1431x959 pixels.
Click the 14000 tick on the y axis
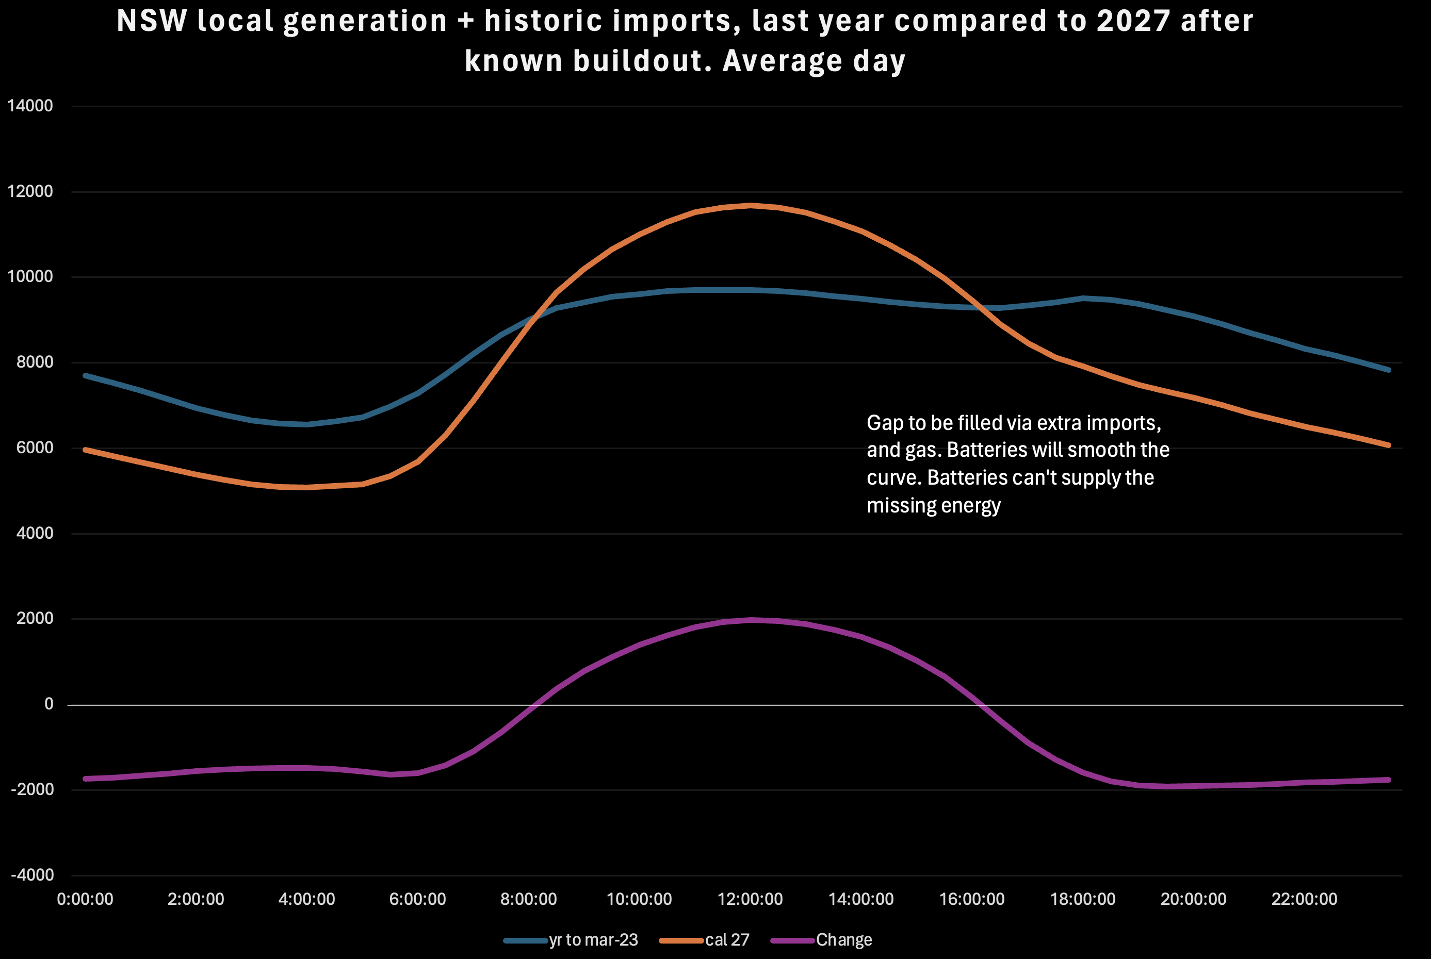(x=30, y=106)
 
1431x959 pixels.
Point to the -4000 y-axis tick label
(x=32, y=875)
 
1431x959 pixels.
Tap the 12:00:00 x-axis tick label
(x=750, y=899)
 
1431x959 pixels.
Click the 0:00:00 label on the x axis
(x=85, y=899)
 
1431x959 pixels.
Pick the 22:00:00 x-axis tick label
(x=1305, y=899)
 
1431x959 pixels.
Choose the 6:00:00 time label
(x=418, y=899)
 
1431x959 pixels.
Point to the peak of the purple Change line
(x=751, y=620)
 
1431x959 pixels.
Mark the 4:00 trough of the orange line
(x=306, y=487)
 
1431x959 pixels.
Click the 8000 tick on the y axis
(x=35, y=362)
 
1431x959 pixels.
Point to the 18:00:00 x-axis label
(x=1083, y=899)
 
